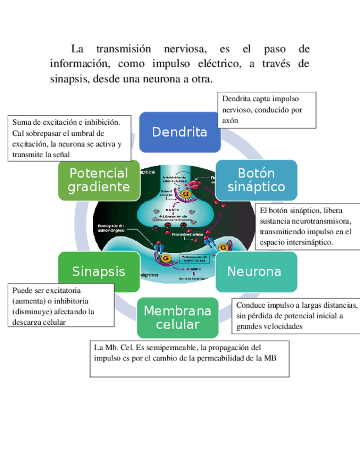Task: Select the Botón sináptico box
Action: [x=256, y=180]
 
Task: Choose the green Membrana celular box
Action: [x=177, y=318]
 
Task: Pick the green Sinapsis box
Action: [x=99, y=271]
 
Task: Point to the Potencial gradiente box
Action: [x=98, y=180]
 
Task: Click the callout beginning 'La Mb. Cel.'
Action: [x=190, y=358]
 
